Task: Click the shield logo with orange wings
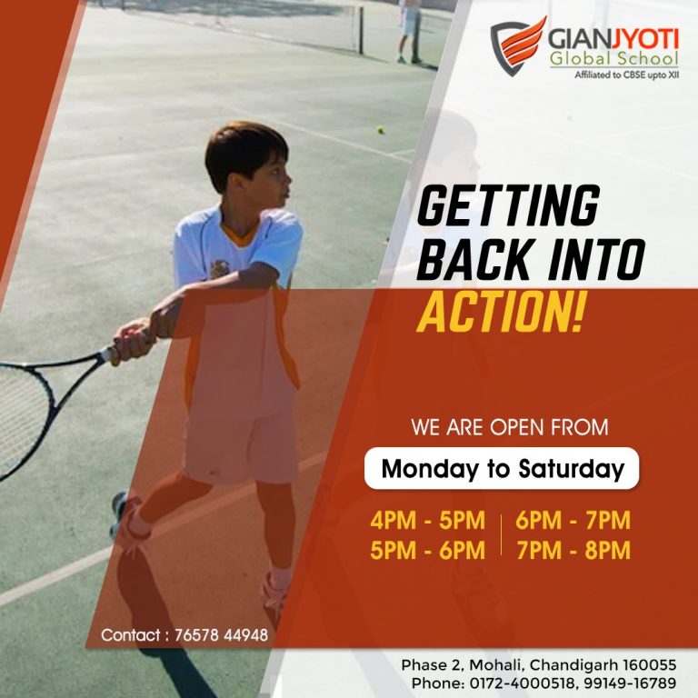click(x=517, y=45)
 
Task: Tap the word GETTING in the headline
click(x=508, y=206)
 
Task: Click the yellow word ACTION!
click(x=501, y=312)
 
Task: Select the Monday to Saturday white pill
click(x=502, y=468)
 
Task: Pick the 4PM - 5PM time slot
click(x=427, y=521)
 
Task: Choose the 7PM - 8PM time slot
click(x=573, y=550)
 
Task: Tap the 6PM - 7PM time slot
click(x=573, y=521)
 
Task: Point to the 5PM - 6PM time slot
click(x=427, y=550)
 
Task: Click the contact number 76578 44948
click(x=221, y=634)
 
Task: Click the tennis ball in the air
click(x=381, y=130)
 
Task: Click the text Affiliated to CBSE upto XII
click(x=627, y=75)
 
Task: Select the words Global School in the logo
click(x=613, y=58)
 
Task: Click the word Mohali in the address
click(x=498, y=665)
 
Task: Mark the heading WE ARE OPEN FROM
click(x=510, y=427)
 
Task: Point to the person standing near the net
click(x=410, y=31)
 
